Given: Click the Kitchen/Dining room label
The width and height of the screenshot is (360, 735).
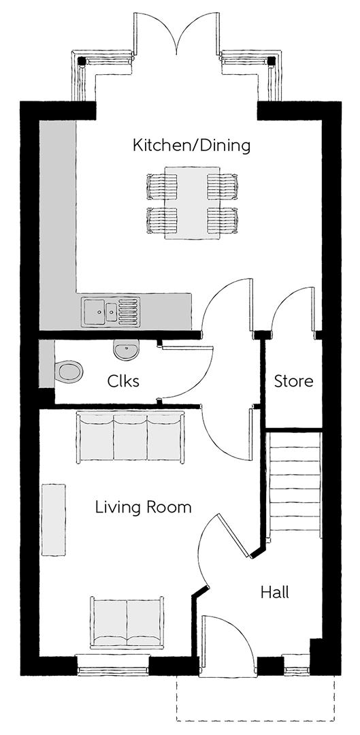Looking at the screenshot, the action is [191, 146].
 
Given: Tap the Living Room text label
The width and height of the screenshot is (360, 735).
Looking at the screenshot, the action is [144, 507].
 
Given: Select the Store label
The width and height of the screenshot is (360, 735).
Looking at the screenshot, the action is [294, 381].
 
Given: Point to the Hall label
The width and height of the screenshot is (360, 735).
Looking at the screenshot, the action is [275, 593].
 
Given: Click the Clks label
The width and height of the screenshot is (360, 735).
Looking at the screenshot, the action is [123, 381].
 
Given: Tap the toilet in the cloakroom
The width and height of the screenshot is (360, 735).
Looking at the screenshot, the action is [69, 372].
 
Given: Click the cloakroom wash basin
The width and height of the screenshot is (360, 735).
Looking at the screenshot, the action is [126, 349].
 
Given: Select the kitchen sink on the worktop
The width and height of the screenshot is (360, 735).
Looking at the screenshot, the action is [111, 312].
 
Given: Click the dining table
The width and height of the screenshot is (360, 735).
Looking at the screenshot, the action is [192, 203].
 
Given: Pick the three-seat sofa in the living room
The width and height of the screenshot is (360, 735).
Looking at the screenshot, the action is [130, 438].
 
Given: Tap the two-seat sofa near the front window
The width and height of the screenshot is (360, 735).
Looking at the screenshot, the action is [127, 623].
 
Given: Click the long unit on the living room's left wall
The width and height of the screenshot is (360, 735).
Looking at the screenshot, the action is [54, 520].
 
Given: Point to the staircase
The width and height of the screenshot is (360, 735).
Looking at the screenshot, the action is [294, 486].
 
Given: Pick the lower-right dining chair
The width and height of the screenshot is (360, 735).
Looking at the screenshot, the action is [223, 220].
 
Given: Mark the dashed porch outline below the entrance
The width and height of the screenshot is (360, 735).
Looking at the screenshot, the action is [255, 721].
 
